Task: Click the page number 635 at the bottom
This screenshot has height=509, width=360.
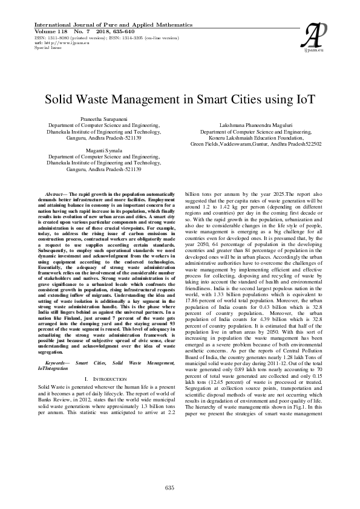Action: (169, 487)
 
